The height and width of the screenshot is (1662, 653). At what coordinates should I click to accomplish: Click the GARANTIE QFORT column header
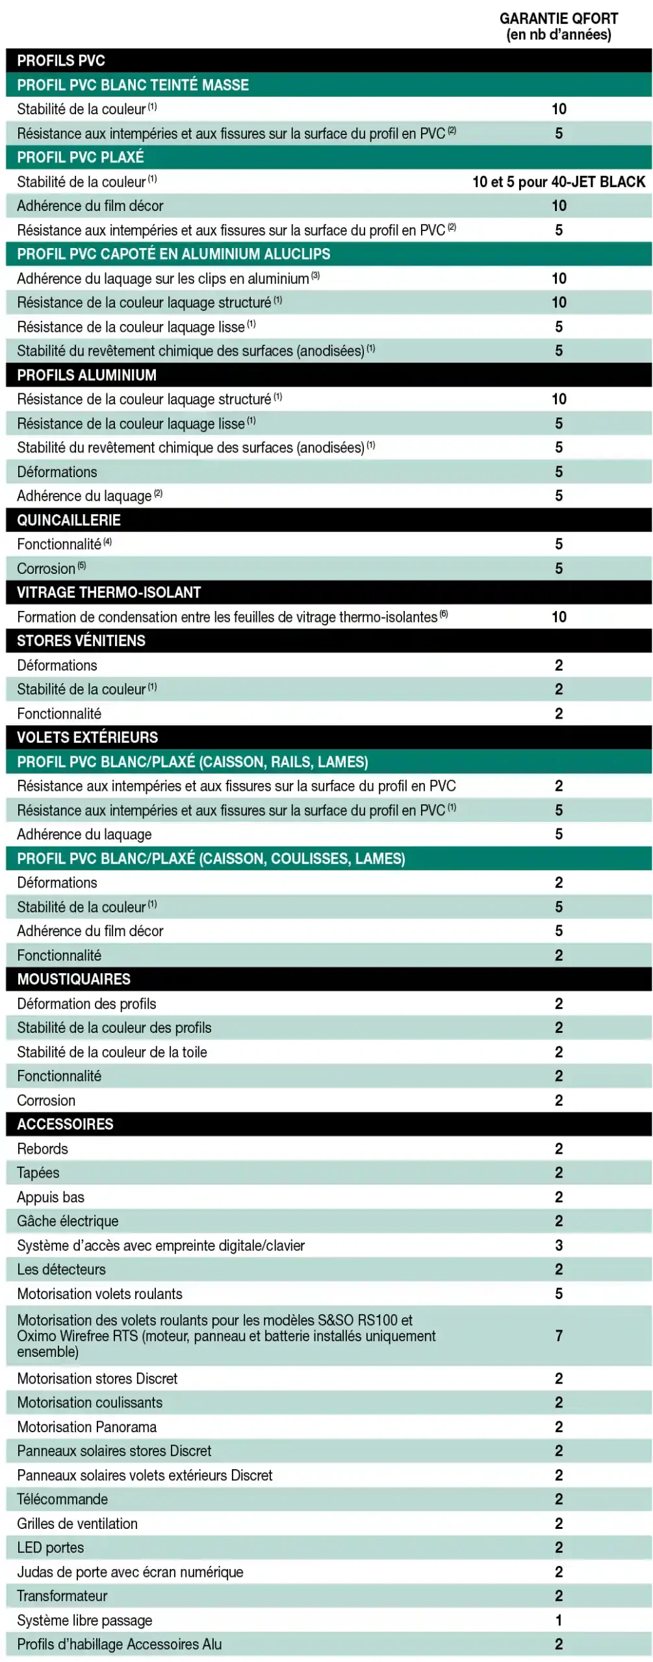(558, 26)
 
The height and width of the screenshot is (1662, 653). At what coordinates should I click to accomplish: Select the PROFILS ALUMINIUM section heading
(86, 375)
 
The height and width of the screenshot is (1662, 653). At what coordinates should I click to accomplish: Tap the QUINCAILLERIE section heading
(69, 519)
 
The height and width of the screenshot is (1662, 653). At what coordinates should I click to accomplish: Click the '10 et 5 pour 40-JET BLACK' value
(558, 182)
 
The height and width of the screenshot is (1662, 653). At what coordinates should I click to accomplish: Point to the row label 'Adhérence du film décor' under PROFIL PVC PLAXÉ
(90, 206)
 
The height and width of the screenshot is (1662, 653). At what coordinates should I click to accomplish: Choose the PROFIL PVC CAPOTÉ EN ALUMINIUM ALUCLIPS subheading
(173, 254)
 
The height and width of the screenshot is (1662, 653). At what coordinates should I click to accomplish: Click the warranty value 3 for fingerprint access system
(558, 1245)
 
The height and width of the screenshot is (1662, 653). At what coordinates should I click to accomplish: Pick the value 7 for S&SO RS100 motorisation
(558, 1335)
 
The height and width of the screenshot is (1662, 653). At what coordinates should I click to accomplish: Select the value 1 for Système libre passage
(558, 1620)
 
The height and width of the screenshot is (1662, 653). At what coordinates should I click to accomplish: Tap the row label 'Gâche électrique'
(68, 1221)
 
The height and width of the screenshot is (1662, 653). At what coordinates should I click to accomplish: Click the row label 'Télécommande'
(62, 1498)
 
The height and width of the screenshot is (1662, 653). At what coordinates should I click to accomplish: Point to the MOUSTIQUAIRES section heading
(73, 978)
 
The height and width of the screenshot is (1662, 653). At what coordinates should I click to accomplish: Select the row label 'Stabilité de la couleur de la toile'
(112, 1052)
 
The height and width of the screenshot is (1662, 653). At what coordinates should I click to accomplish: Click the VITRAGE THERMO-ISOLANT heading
(109, 592)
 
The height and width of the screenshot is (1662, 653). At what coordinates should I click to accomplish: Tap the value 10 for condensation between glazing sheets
(558, 617)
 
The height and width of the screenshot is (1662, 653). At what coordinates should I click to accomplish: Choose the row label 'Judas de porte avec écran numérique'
(130, 1571)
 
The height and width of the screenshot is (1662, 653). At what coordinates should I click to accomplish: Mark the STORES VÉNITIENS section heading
(81, 640)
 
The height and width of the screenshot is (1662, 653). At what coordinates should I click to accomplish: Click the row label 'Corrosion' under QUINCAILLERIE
(46, 569)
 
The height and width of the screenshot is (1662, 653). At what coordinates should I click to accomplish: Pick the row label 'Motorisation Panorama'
(86, 1426)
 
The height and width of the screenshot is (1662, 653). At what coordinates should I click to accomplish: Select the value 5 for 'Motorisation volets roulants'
(558, 1293)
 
